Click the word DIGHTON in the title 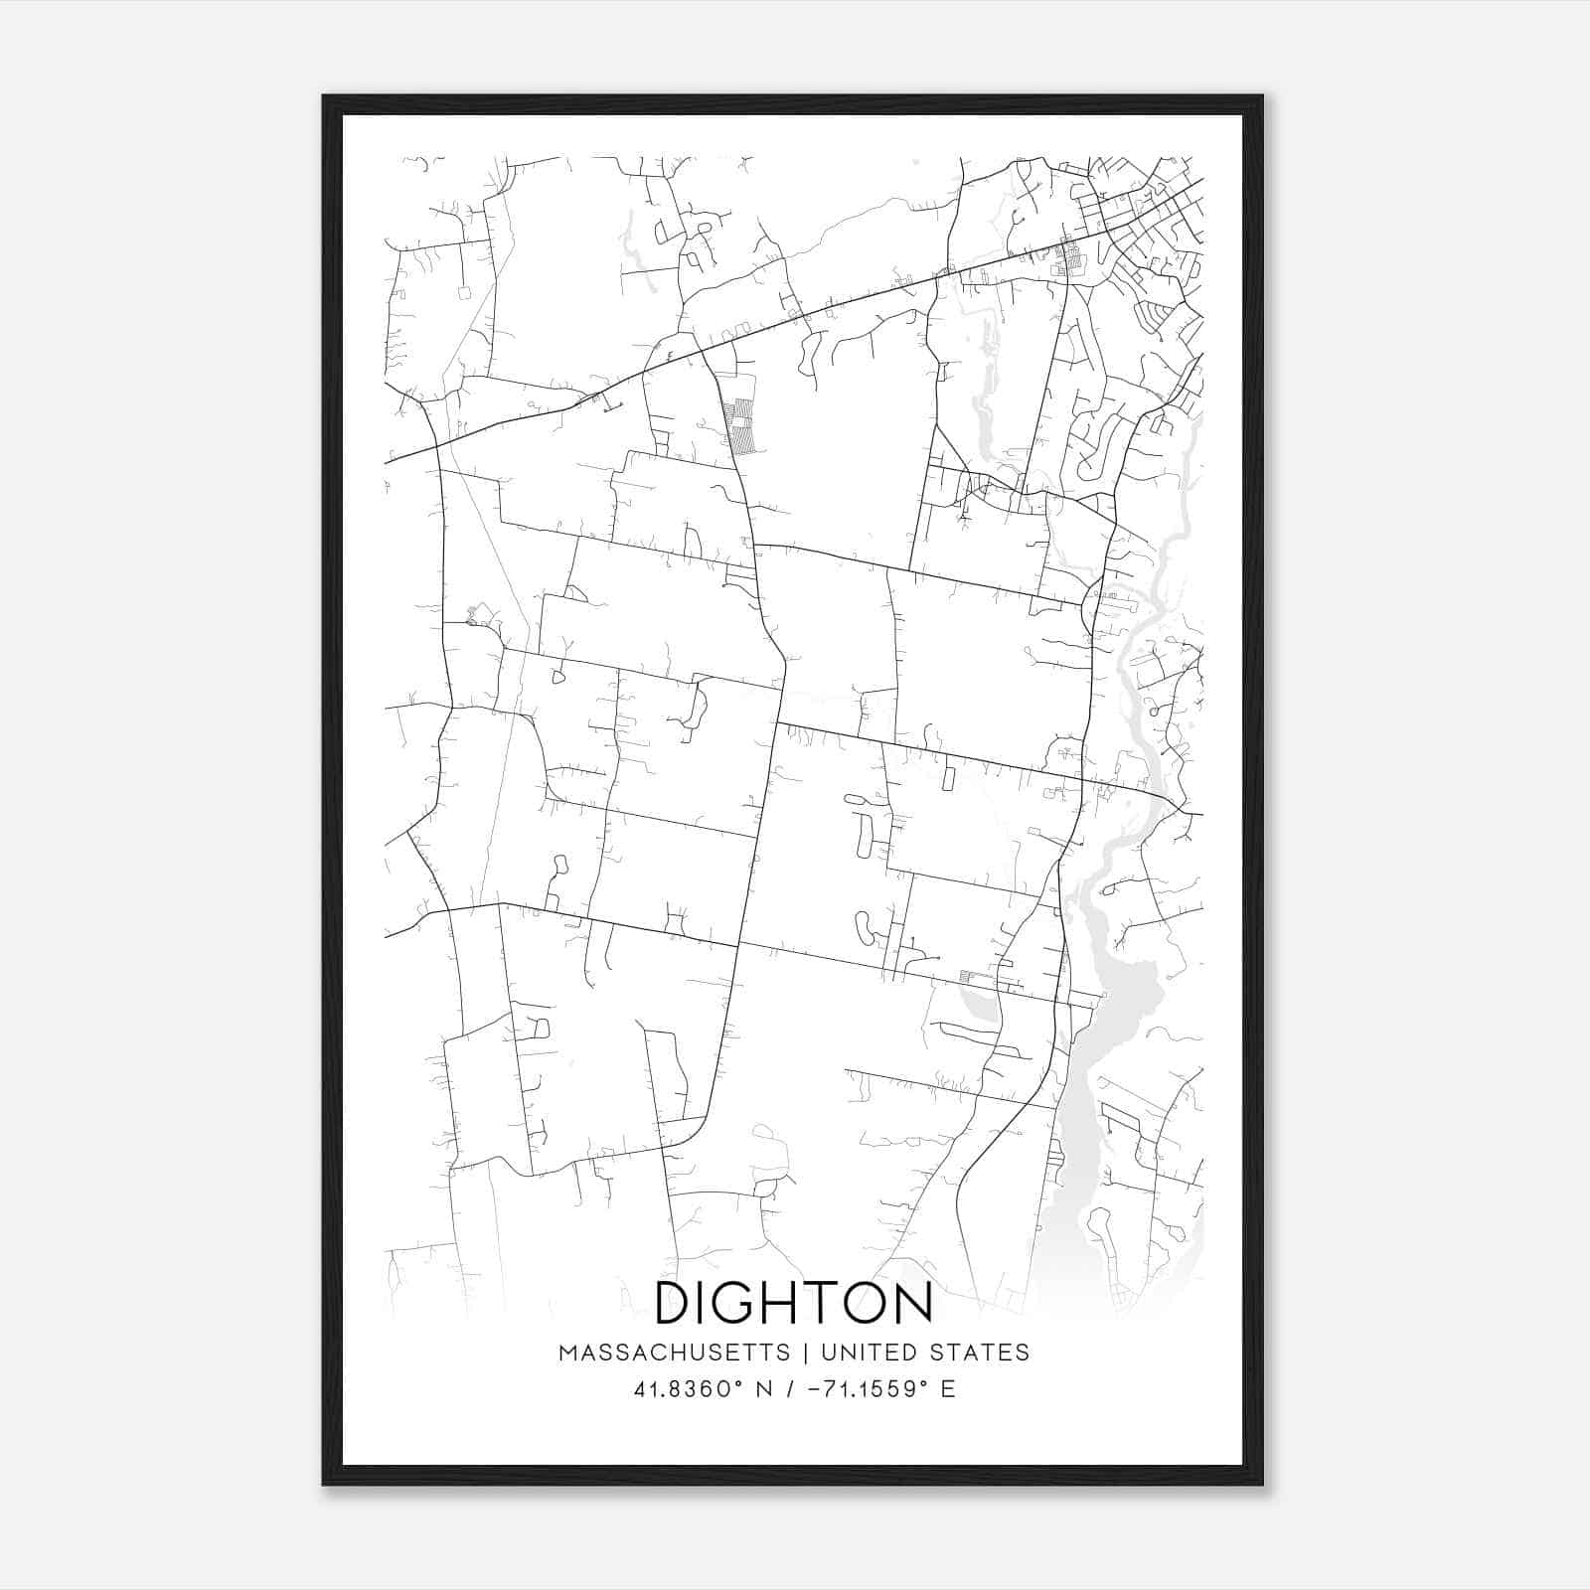(x=794, y=1302)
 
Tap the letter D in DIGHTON (x=675, y=1302)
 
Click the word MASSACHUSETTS (x=675, y=1352)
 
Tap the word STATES (x=979, y=1352)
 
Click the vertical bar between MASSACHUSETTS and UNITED (x=804, y=1352)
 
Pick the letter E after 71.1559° (x=948, y=1389)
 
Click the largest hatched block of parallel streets (x=740, y=424)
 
